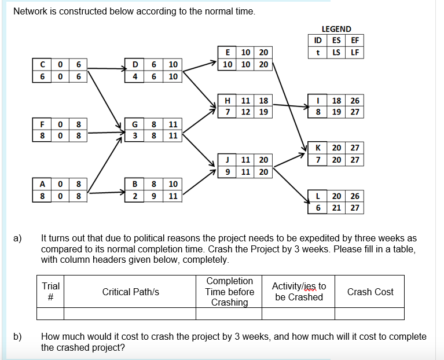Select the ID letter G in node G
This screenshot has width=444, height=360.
135,124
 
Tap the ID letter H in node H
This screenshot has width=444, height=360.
227,100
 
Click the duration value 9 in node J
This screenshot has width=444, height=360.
227,171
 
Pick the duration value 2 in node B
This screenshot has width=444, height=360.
135,196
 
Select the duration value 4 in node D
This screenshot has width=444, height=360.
135,76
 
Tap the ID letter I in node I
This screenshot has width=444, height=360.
318,100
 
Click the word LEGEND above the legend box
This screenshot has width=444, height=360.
336,29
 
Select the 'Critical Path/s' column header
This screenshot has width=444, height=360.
130,292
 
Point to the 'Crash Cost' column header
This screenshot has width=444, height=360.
370,292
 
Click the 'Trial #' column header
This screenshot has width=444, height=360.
50,292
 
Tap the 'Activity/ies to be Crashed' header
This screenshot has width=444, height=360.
298,292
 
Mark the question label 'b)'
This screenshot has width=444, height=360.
18,336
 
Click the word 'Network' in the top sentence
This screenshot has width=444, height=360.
31,11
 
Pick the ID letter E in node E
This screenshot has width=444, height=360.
227,52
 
